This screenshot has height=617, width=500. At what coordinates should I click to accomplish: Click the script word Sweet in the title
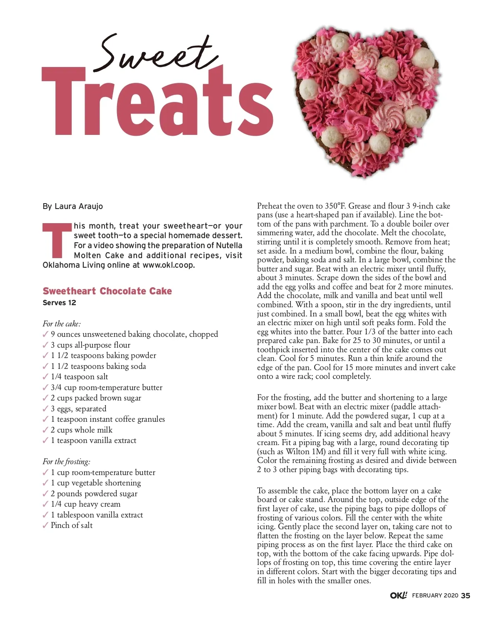156,54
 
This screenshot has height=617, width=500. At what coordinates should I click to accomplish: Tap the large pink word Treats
157,103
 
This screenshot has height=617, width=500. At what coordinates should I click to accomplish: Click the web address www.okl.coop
168,265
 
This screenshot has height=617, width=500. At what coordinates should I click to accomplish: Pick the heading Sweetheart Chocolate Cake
107,291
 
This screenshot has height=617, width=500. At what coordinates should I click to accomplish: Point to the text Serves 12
59,303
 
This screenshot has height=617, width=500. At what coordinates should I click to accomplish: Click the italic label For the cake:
62,323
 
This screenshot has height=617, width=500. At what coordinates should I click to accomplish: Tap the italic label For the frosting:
66,461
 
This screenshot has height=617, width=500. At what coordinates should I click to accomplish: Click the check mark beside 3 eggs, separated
45,408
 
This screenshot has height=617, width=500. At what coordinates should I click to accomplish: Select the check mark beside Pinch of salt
45,525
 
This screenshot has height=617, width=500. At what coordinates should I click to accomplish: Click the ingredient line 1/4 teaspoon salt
79,377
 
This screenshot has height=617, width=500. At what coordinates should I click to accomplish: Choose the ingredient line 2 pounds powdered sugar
94,494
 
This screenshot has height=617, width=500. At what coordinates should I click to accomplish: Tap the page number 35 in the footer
465,596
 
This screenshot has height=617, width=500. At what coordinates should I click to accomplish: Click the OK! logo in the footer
398,595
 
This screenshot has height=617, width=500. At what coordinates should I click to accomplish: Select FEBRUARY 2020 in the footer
435,596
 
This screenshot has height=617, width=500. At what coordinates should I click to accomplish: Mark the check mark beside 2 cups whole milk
45,430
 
